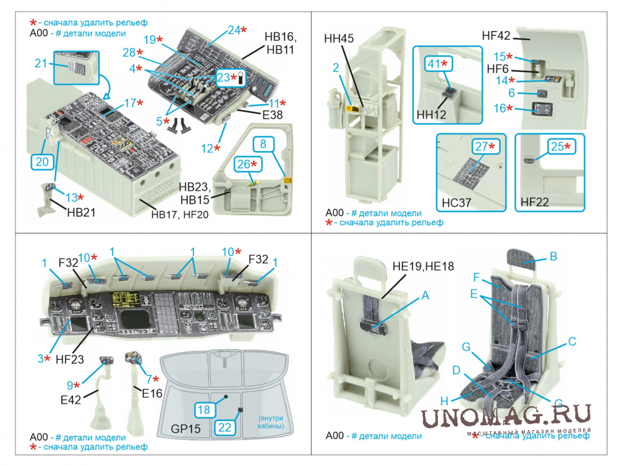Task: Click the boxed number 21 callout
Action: point(41,63)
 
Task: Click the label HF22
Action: point(536,202)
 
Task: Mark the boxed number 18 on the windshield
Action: point(204,409)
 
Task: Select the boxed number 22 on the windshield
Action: point(224,428)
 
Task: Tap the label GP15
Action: point(186,429)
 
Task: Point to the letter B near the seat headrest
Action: point(553,256)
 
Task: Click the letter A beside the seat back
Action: point(425,295)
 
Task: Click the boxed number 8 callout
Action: point(262,144)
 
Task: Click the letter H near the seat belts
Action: point(444,400)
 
